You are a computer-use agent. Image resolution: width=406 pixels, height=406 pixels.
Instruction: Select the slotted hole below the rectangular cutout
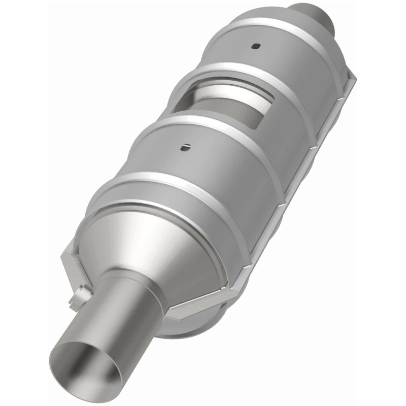[186, 147]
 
